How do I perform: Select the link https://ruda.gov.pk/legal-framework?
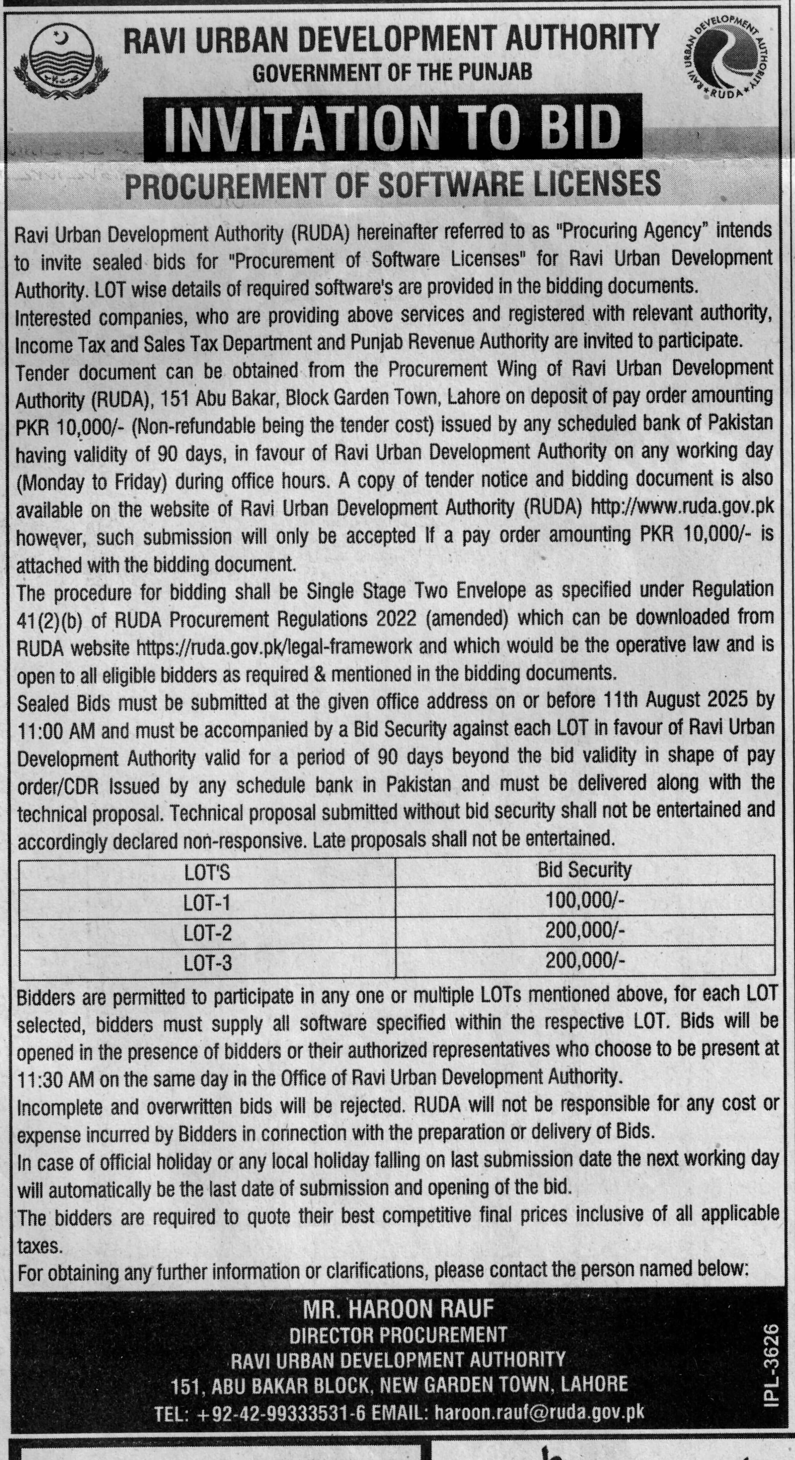click(x=274, y=646)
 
